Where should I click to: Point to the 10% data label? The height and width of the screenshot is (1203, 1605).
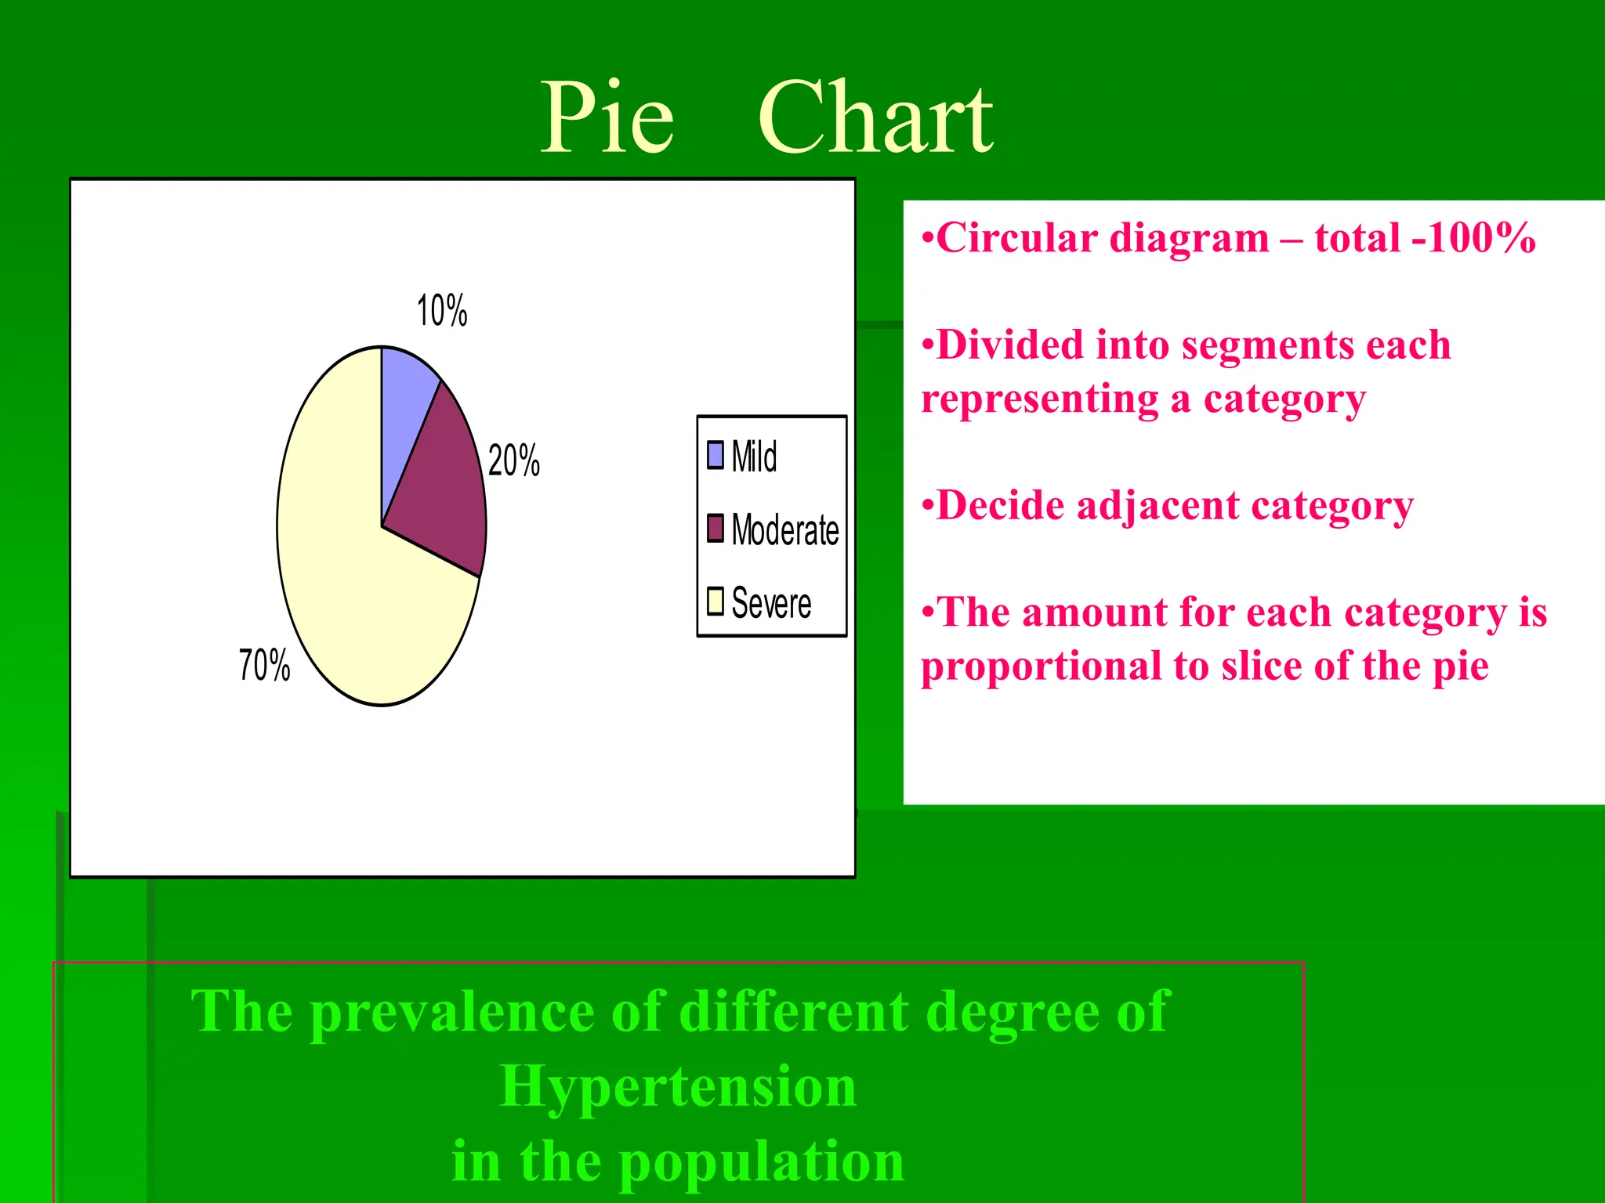coord(442,311)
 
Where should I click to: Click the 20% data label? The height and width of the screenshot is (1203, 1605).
coord(514,461)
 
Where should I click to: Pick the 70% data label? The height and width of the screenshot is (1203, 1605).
coord(265,666)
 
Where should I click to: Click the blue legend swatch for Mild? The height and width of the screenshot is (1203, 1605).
coord(716,455)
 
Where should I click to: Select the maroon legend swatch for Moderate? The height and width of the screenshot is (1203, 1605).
coord(716,529)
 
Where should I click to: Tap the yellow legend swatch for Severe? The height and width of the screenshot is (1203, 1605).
coord(716,601)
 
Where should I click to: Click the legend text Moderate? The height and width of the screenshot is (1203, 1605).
coord(785,530)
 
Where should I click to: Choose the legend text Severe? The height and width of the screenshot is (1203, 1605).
coord(771,603)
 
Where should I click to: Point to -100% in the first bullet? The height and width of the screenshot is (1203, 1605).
coord(1473,237)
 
